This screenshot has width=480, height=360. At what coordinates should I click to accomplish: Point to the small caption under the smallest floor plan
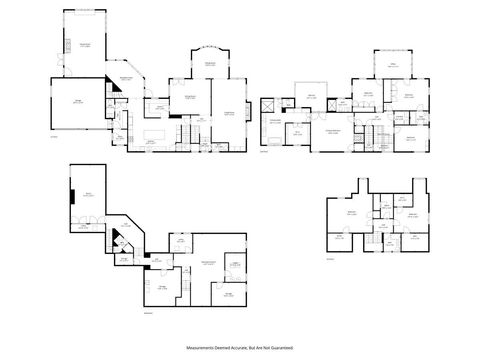pos(331,259)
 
